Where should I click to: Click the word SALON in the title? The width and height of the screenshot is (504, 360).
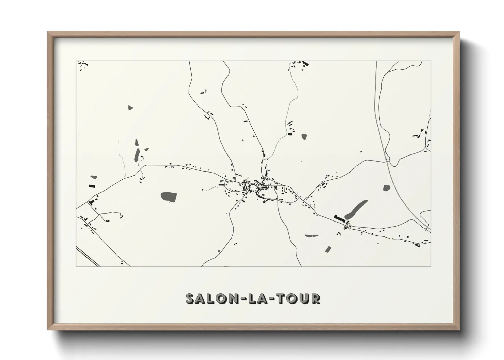207,298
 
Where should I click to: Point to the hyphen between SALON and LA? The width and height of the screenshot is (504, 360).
235,299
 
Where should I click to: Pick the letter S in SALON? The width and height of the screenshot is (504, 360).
190,298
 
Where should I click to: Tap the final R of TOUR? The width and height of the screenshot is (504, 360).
316,298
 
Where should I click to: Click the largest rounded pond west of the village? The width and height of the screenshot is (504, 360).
169,196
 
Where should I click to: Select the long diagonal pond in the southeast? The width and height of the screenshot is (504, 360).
356,209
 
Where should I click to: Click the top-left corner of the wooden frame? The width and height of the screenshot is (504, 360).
48,32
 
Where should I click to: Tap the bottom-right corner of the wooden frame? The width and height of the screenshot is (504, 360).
459,330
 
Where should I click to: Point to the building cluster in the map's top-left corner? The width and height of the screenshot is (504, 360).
82,65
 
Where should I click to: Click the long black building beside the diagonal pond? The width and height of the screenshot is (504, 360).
339,218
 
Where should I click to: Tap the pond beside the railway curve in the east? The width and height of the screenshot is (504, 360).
386,188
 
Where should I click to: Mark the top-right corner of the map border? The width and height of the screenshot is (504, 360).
431,61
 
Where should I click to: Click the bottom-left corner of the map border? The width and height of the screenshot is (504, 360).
76,266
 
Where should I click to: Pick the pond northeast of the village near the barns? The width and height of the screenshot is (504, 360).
304,136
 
